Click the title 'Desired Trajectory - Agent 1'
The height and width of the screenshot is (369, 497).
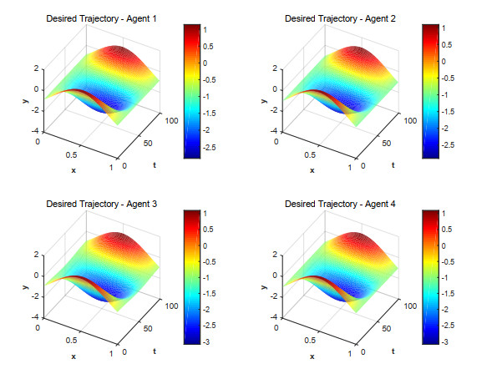click(x=101, y=18)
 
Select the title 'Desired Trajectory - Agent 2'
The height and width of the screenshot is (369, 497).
click(x=340, y=18)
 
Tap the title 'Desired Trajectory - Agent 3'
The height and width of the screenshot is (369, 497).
click(x=101, y=204)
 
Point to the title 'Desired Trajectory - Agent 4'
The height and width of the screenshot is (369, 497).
click(x=340, y=204)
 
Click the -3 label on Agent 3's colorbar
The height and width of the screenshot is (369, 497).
click(x=206, y=342)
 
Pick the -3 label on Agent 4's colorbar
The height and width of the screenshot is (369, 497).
click(x=444, y=342)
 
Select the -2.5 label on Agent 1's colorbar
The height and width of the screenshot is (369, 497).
click(x=209, y=147)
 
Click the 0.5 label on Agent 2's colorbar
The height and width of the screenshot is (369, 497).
click(x=447, y=44)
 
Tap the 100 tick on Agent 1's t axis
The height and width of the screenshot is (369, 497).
click(x=171, y=121)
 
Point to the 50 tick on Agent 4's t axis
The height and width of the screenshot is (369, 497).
click(x=387, y=328)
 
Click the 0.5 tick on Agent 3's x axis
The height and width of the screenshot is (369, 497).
click(x=71, y=340)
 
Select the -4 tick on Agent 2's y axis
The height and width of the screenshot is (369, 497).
click(x=274, y=131)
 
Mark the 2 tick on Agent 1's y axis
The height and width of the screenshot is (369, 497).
click(x=37, y=68)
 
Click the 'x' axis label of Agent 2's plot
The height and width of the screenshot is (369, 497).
click(x=312, y=170)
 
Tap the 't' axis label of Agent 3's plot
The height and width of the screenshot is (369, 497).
click(x=155, y=351)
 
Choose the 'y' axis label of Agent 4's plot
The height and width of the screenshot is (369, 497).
click(x=264, y=287)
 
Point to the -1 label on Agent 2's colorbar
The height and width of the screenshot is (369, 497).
click(x=444, y=94)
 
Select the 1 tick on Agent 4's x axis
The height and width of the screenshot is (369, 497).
click(x=350, y=353)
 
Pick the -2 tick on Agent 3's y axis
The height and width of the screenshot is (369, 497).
click(x=35, y=296)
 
